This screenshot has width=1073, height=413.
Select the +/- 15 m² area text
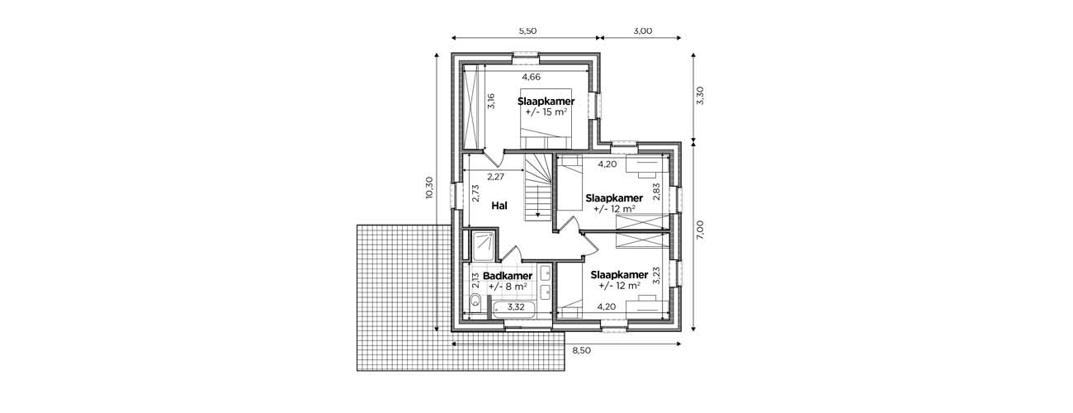point(546,112)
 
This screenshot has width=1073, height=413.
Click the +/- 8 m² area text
point(508,287)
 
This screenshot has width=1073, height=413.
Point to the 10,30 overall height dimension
point(429,188)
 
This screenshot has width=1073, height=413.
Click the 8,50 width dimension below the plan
point(582,350)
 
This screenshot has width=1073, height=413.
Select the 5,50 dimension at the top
point(527,31)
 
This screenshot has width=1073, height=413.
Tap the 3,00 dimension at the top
point(643,31)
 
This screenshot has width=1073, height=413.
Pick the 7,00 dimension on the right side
point(700,230)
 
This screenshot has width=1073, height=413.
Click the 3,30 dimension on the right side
point(700,96)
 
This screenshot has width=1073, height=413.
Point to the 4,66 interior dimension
point(532,77)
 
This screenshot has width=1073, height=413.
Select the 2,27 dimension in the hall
point(496,177)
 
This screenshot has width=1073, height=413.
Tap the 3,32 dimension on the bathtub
point(516,307)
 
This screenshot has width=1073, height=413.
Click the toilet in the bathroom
point(475,301)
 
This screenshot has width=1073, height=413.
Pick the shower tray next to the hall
point(484,246)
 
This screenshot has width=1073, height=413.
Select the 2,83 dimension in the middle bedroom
point(656,192)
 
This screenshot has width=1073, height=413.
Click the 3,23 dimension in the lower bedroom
point(656,276)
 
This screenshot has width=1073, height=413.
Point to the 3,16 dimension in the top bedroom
point(490,101)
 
